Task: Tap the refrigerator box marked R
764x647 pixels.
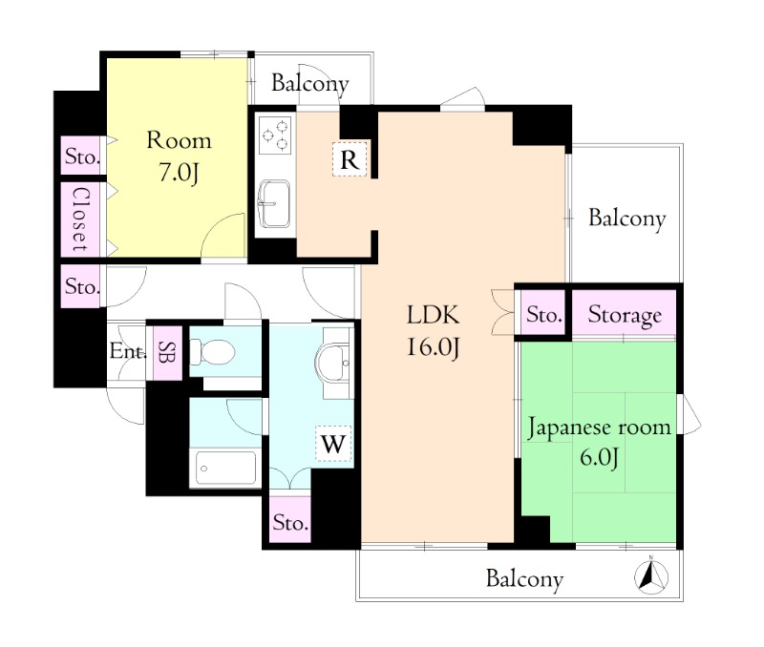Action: tap(350, 158)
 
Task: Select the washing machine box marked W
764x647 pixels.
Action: tap(333, 443)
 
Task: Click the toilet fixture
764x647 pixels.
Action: tap(212, 351)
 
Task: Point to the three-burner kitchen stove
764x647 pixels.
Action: tap(275, 135)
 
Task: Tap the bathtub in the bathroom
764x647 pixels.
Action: tap(225, 468)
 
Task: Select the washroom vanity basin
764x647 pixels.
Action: tap(332, 364)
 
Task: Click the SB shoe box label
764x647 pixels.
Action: tap(168, 352)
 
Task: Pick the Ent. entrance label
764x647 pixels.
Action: tap(128, 351)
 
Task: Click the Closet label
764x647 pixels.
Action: tap(81, 219)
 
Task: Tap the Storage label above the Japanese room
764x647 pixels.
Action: tap(625, 315)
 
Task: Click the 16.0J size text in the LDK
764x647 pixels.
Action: tap(434, 347)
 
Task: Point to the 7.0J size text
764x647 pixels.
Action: tap(179, 173)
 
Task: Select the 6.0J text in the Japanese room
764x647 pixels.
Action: tap(600, 457)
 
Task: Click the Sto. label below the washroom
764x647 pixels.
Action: tap(290, 522)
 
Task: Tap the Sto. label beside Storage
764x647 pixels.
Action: tap(544, 315)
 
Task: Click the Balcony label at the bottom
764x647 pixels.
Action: tap(524, 579)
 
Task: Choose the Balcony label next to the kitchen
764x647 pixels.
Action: tap(309, 83)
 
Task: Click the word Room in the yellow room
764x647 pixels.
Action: tap(179, 140)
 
